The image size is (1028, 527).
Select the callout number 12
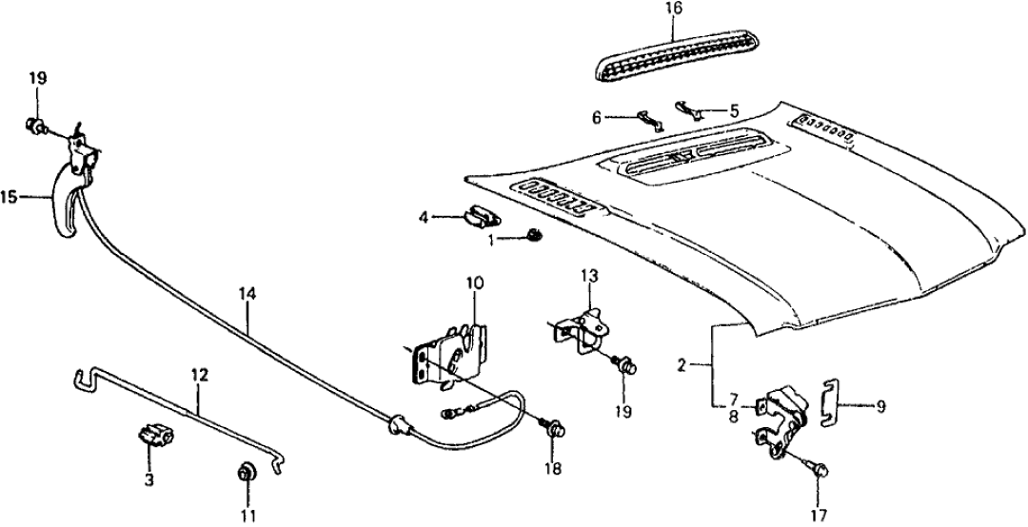197,376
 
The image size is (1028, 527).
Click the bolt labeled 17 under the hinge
820,469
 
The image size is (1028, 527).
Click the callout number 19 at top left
37,77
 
